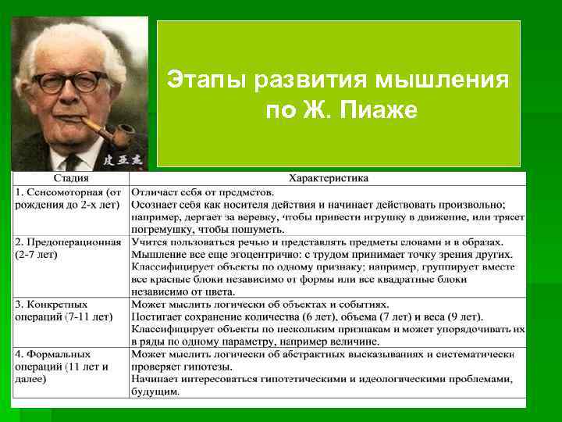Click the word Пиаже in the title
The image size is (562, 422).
380,111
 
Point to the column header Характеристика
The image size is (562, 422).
329,178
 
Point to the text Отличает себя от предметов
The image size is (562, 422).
203,191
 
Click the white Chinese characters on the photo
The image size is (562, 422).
122,158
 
